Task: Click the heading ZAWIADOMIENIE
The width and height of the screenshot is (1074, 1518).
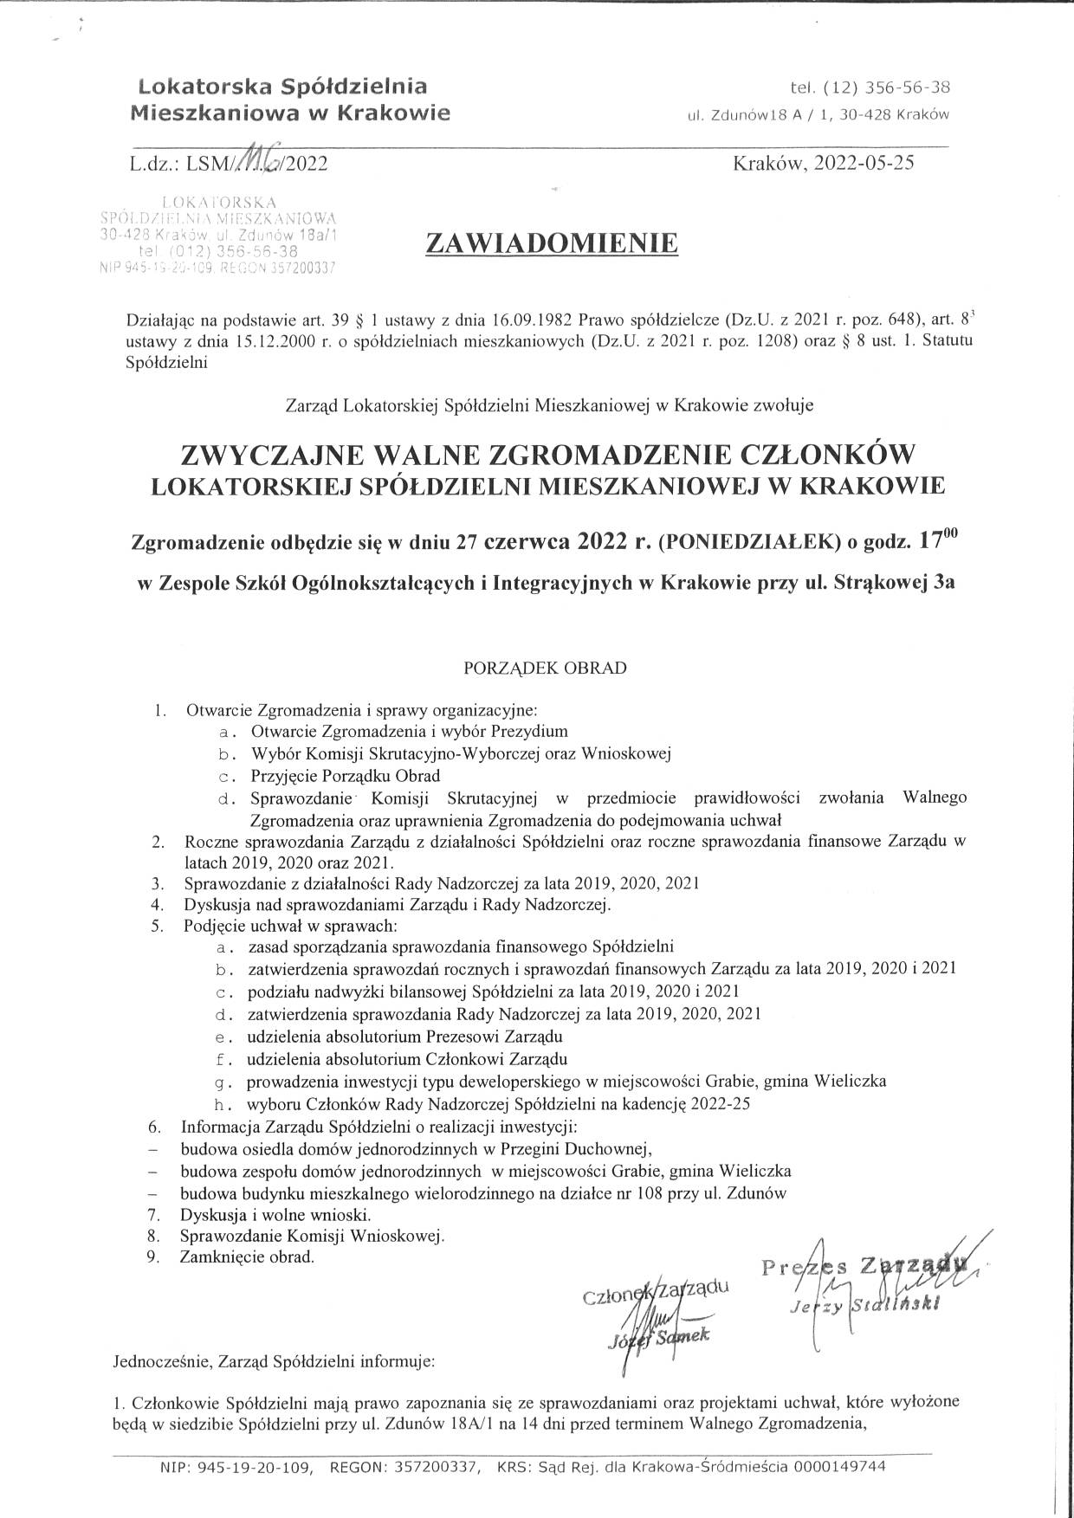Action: (551, 244)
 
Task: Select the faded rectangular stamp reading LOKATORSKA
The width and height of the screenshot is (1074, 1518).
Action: (218, 234)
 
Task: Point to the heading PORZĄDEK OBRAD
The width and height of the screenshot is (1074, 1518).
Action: (545, 668)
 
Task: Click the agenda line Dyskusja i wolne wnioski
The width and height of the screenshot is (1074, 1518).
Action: (275, 1214)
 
